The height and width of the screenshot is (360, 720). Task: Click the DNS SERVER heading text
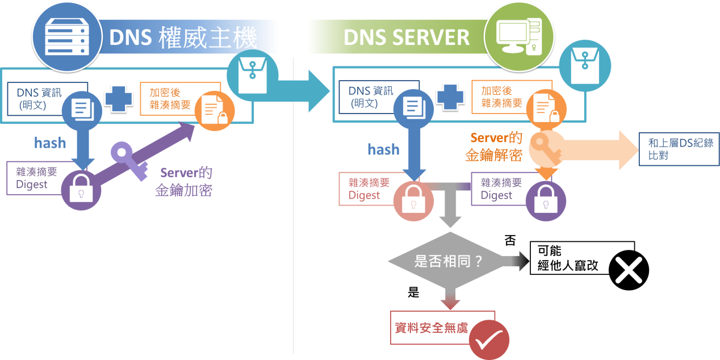pos(406,37)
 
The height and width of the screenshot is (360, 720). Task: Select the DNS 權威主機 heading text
pos(183,37)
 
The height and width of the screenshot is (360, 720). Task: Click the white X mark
pos(629,270)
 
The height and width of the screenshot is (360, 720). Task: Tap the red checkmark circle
pos(489,340)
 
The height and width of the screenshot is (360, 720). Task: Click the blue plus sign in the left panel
pos(118,98)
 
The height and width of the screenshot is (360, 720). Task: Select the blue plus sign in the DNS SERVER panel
pos(450,98)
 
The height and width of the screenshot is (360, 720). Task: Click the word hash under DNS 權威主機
pos(50,143)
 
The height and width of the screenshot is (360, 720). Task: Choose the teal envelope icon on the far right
pos(584,65)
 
